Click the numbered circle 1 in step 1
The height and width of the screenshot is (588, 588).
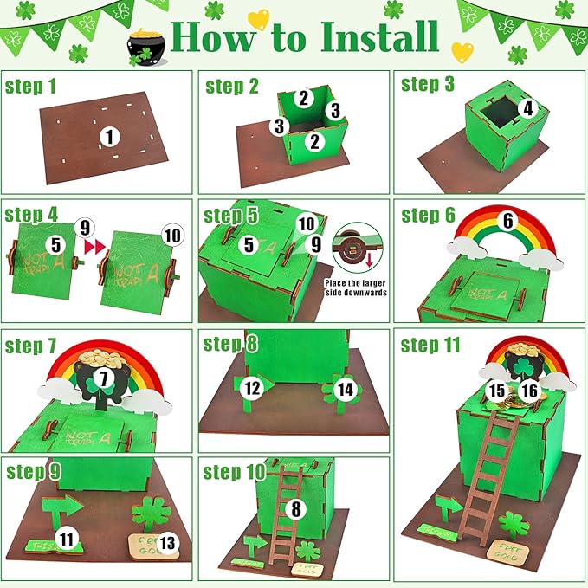click(x=107, y=136)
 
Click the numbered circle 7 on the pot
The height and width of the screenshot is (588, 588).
click(x=105, y=378)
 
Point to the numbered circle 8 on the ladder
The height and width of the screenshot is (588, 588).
click(x=296, y=509)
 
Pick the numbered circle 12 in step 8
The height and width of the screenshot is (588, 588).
click(x=251, y=389)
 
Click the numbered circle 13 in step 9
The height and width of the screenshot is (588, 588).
click(x=167, y=543)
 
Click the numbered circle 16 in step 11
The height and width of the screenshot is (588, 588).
click(x=530, y=391)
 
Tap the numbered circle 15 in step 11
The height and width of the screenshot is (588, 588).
click(x=496, y=391)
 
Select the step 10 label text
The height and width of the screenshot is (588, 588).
click(x=236, y=472)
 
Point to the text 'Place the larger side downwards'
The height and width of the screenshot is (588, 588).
click(x=355, y=287)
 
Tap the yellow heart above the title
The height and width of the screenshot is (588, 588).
click(x=258, y=19)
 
